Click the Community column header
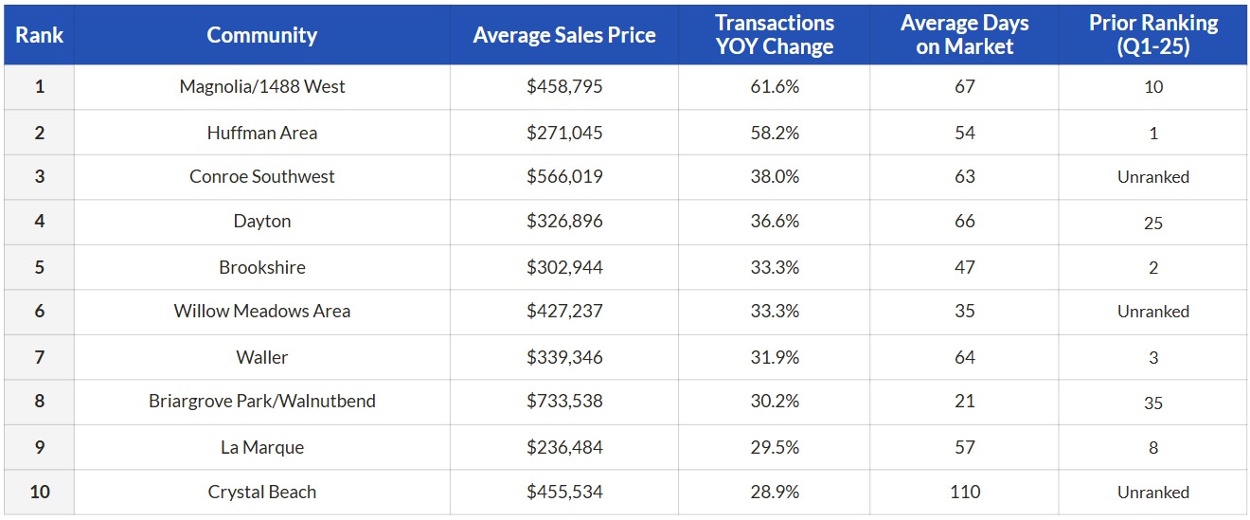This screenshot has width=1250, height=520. click(x=261, y=35)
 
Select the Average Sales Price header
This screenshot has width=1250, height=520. click(x=564, y=35)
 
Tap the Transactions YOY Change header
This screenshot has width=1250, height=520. click(x=775, y=35)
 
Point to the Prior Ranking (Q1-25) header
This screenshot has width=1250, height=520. click(x=1153, y=35)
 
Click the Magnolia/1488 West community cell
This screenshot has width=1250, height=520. click(x=261, y=86)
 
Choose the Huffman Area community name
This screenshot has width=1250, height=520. click(x=261, y=133)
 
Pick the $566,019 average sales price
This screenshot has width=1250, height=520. click(x=564, y=176)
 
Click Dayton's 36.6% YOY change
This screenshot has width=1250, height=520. click(x=775, y=221)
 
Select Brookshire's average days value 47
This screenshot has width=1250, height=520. click(x=964, y=267)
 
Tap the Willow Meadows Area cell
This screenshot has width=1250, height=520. click(x=261, y=311)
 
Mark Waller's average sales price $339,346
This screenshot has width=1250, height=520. click(x=564, y=357)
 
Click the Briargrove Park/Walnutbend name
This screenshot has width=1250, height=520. click(x=261, y=401)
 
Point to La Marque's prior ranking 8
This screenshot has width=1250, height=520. click(x=1153, y=447)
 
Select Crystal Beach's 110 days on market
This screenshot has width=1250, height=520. click(x=965, y=492)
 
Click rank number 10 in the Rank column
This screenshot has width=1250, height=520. click(x=40, y=492)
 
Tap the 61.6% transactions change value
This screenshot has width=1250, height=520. click(x=775, y=86)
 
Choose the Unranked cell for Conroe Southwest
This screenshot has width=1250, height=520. click(x=1153, y=177)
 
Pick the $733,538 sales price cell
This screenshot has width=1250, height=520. click(x=564, y=401)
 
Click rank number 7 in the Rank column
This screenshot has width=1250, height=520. click(x=40, y=357)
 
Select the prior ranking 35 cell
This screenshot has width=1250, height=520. click(x=1153, y=403)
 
